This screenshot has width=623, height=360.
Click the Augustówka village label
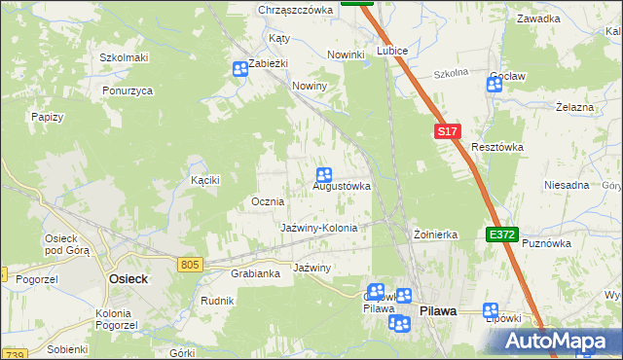[x=341, y=186]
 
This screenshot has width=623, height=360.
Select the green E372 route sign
[x=502, y=235]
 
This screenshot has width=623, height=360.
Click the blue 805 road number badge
[x=191, y=264]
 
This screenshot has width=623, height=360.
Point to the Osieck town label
[x=127, y=278]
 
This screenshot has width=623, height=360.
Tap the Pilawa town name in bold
[x=438, y=310]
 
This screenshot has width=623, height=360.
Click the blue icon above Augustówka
[x=325, y=174]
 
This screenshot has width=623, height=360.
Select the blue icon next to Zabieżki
[x=240, y=69]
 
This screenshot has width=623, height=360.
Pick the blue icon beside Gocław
[x=494, y=85]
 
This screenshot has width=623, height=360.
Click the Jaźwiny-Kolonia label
[x=319, y=228]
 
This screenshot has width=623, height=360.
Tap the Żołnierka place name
[x=435, y=234]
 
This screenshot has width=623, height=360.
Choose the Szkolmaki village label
[x=124, y=57]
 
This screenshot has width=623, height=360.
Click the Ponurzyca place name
[x=128, y=90]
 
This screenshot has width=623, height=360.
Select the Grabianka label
[x=256, y=273]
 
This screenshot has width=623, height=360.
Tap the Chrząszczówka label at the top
[x=296, y=10]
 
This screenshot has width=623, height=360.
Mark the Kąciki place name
[x=205, y=180]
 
